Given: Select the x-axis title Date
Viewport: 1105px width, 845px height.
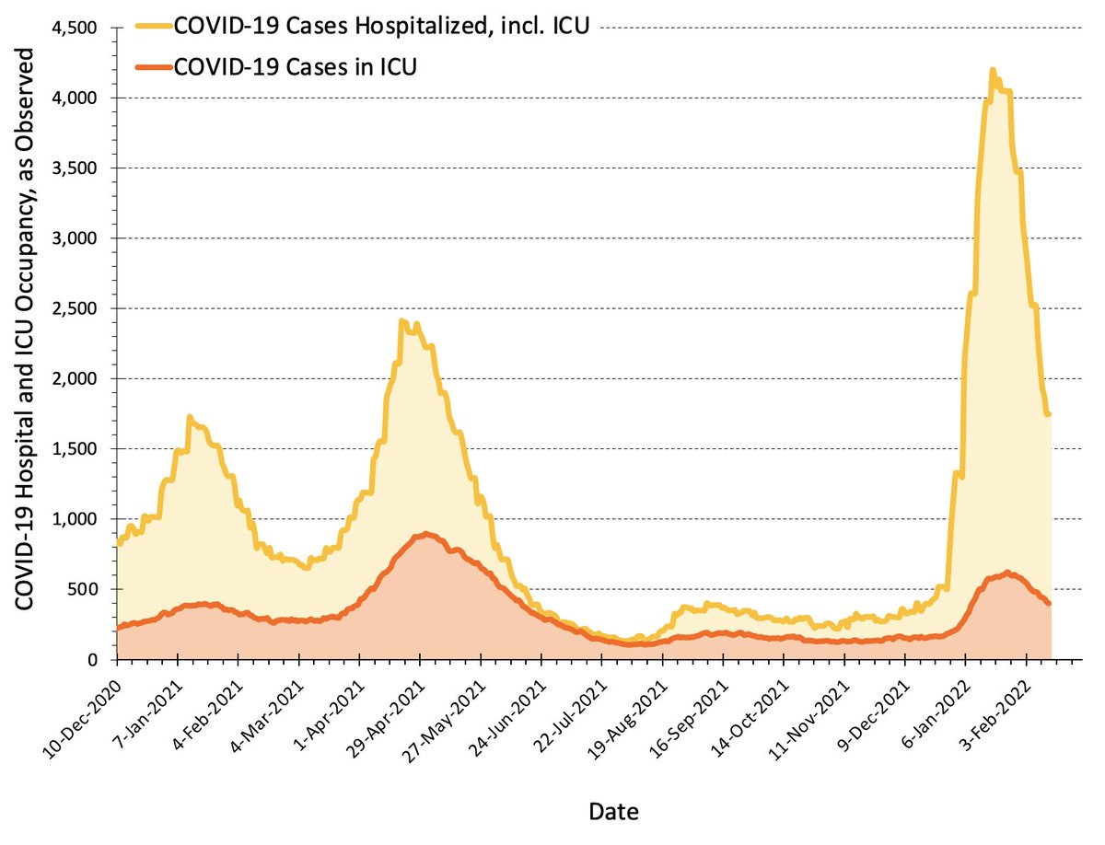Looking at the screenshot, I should [613, 811].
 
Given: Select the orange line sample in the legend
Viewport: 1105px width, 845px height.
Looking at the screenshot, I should [157, 68].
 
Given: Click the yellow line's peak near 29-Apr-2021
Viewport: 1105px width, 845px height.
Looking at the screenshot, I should [401, 321].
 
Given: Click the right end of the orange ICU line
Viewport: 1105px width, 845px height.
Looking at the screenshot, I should [1049, 603].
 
